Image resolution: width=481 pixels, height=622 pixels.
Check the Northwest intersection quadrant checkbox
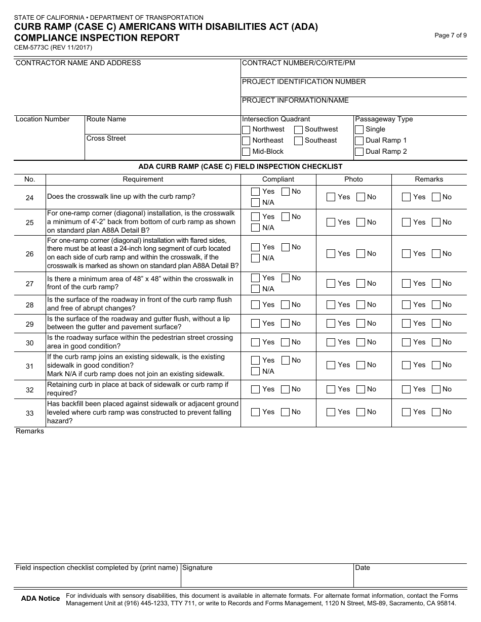246,129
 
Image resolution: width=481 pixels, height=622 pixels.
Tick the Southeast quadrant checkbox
299,141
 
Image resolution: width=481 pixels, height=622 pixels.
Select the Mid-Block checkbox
246,152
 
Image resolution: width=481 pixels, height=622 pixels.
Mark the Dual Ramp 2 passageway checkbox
359,152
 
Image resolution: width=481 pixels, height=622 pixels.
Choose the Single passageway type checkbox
359,129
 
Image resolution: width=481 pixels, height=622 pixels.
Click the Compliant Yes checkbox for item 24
256,192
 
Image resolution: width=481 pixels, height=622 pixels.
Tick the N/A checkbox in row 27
256,289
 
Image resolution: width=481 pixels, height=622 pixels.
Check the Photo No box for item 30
360,342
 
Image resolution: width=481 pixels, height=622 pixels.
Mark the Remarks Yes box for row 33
406,412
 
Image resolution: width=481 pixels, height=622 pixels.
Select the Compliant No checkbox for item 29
286,324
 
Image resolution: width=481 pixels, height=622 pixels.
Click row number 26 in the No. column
29,253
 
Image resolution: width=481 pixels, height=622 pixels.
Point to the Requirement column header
143,179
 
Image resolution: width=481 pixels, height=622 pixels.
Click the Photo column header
353,179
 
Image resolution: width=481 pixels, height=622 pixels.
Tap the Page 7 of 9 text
451,35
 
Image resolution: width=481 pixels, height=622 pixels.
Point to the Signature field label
197,568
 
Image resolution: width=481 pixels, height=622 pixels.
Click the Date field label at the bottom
363,568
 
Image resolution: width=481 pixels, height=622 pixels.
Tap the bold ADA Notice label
41,599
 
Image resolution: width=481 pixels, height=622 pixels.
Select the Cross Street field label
106,139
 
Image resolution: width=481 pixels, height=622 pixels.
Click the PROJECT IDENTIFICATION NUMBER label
304,82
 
